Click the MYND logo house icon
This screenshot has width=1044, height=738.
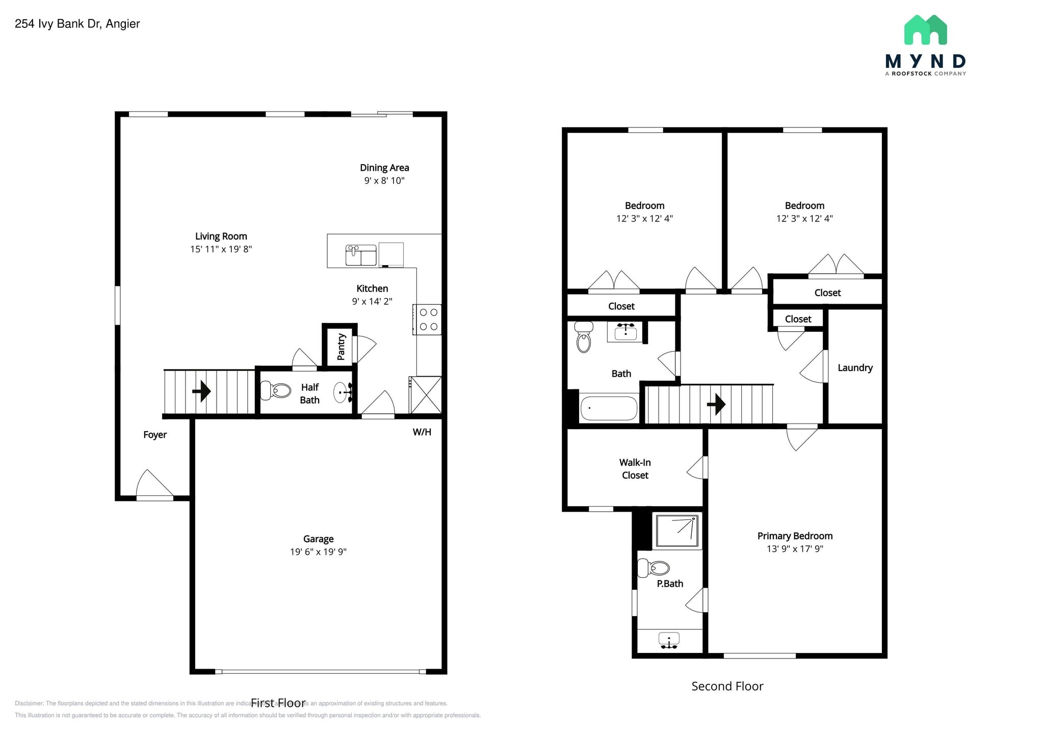pyautogui.click(x=925, y=30)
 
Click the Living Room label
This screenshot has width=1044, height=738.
pyautogui.click(x=221, y=236)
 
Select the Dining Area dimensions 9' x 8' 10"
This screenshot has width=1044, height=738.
pyautogui.click(x=384, y=180)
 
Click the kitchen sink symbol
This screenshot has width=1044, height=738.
pyautogui.click(x=361, y=255)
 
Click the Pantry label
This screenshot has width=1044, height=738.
pyautogui.click(x=341, y=347)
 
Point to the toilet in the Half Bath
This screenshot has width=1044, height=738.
pyautogui.click(x=275, y=391)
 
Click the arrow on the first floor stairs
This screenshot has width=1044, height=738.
pyautogui.click(x=202, y=391)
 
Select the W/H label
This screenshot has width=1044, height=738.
pyautogui.click(x=422, y=432)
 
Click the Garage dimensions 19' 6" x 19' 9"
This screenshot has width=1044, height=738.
pyautogui.click(x=318, y=551)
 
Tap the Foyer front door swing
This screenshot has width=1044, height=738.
pyautogui.click(x=153, y=484)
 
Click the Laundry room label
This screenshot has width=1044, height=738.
pyautogui.click(x=855, y=368)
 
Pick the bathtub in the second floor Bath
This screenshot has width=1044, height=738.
pyautogui.click(x=609, y=408)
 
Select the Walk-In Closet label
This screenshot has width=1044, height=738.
pyautogui.click(x=635, y=469)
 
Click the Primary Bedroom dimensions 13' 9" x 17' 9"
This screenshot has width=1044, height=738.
pyautogui.click(x=795, y=549)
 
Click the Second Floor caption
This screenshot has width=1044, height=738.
pyautogui.click(x=727, y=687)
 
